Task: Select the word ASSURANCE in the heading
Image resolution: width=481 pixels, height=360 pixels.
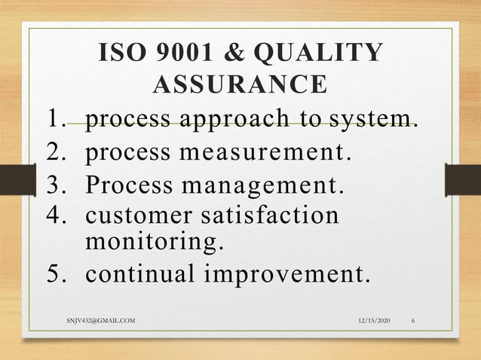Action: click(x=240, y=84)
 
